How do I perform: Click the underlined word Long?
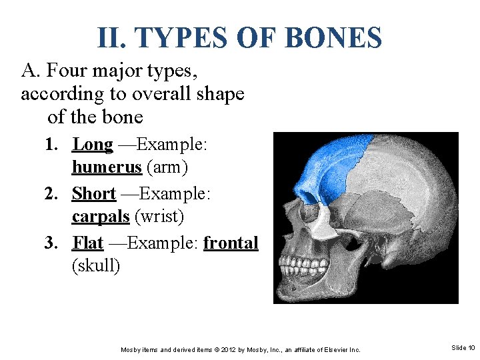click(93, 144)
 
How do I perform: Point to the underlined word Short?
click(94, 193)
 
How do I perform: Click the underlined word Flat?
click(88, 243)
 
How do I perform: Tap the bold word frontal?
click(231, 243)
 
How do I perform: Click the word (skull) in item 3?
click(96, 267)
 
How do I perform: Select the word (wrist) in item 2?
click(159, 217)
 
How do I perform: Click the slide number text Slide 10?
click(463, 348)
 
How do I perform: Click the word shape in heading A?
click(221, 94)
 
